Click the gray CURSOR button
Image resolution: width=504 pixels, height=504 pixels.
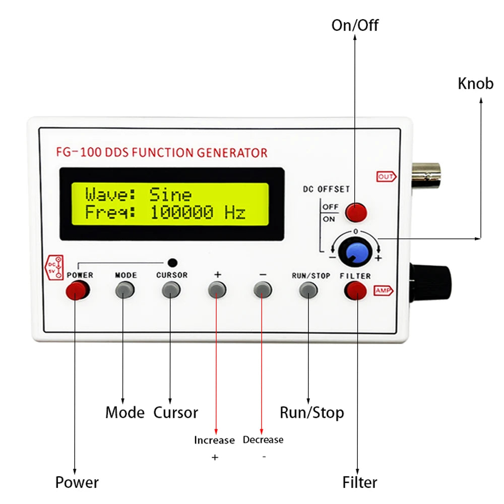click(171, 289)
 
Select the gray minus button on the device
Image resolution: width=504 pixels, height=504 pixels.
click(263, 289)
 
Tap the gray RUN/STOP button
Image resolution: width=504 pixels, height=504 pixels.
click(308, 289)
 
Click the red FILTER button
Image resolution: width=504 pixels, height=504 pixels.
click(355, 290)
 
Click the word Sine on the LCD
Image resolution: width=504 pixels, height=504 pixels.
click(170, 195)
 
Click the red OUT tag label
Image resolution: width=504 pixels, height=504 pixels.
click(386, 176)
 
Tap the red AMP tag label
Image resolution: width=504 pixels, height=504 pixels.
click(383, 291)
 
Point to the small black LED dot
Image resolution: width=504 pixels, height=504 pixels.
click(172, 262)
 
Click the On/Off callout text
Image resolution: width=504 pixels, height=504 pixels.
click(354, 25)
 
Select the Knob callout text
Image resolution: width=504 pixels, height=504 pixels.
click(475, 83)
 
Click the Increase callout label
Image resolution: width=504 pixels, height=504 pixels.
click(214, 440)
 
